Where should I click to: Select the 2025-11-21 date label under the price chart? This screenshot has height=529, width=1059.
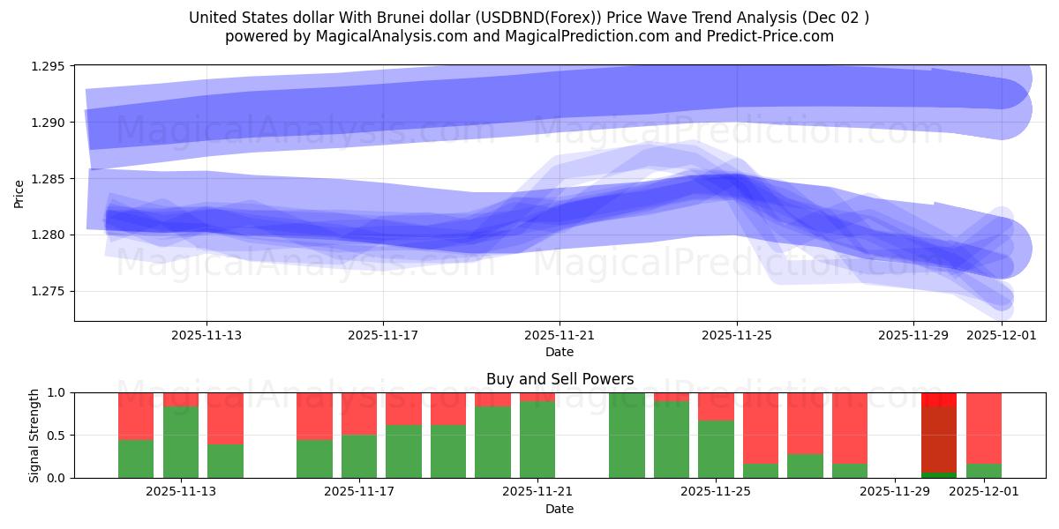coord(560,335)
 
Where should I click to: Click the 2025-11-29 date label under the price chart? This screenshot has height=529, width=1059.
coord(913,335)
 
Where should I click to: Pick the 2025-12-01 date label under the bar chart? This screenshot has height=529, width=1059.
coord(984,492)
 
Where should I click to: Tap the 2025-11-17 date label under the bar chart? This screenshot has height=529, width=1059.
coord(359,492)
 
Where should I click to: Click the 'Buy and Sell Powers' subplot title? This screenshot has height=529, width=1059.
coord(560,379)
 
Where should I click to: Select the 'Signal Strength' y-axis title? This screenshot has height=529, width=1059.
coord(34,435)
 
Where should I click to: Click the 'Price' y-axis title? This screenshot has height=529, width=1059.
coord(19,192)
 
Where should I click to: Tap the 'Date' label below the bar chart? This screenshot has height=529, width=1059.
coord(560,509)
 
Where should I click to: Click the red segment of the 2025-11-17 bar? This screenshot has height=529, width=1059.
coord(359,414)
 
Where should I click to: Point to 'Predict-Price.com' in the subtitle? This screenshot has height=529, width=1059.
coord(772,36)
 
